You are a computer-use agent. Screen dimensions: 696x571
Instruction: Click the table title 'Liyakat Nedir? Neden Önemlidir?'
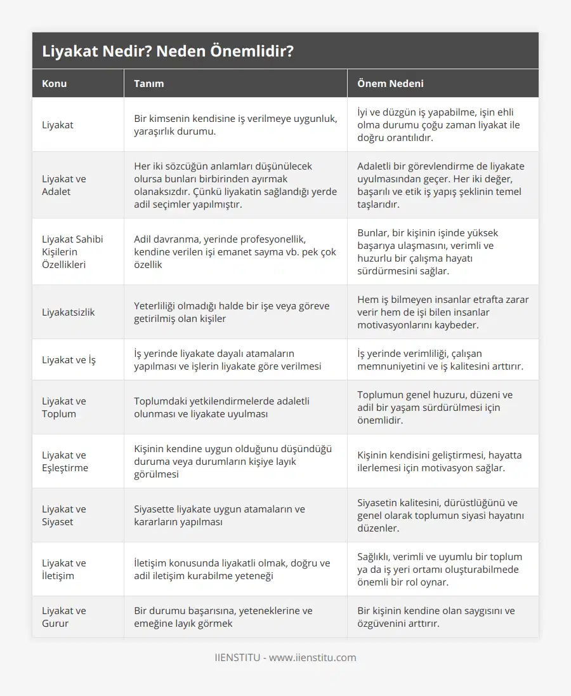pos(167,51)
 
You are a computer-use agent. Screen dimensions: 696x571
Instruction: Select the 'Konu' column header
pos(55,83)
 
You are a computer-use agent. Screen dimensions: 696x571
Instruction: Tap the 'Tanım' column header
pos(149,83)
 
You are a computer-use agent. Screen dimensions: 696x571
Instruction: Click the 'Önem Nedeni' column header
pos(390,83)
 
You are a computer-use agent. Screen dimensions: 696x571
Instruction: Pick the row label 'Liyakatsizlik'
pos(69,312)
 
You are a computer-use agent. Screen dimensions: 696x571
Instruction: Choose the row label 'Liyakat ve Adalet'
pos(64,185)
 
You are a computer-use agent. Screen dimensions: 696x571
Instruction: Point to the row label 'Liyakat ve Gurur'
pos(64,617)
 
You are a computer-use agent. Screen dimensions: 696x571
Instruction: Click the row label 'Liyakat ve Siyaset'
pos(64,515)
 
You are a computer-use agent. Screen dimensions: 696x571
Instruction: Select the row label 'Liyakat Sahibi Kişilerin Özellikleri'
pos(72,251)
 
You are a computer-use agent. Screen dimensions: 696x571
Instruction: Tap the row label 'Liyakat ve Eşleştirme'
pos(65,461)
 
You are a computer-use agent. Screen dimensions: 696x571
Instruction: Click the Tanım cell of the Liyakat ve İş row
pos(228,359)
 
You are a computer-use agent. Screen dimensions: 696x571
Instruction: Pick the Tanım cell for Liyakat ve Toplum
pos(222,407)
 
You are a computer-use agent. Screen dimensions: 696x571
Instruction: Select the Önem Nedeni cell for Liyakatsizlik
pos(442,312)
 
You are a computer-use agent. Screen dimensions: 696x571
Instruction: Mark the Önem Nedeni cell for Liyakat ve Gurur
pos(436,617)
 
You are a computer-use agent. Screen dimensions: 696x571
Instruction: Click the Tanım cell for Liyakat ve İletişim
pos(232,569)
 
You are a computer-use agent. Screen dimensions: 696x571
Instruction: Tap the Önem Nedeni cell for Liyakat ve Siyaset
pos(438,515)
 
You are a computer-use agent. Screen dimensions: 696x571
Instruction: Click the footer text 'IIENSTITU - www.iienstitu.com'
pos(285,657)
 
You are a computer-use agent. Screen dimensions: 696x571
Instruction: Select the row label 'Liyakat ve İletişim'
pos(64,569)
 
